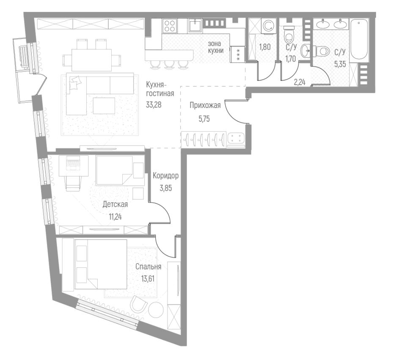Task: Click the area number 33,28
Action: coord(154,104)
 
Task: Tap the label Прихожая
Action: coord(205,106)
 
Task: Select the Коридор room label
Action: coord(165,176)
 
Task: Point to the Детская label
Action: coord(115,205)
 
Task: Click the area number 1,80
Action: coord(264,47)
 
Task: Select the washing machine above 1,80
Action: coord(268,27)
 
